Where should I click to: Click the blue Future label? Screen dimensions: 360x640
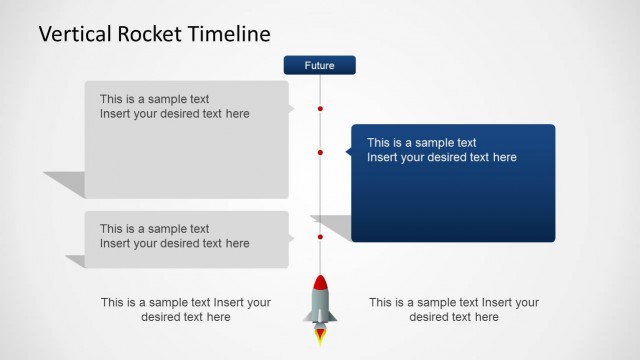tap(320, 66)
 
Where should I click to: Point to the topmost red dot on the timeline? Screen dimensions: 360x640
tap(320, 108)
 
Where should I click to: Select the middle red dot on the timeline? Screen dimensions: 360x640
tap(320, 152)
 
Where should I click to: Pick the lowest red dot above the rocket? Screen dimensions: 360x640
tap(320, 237)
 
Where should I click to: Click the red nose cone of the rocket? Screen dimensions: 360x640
tap(320, 283)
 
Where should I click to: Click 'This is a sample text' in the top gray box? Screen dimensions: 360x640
tap(154, 99)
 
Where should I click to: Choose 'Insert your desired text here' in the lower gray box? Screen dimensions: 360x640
tap(174, 244)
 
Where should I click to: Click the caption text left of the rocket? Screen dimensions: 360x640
tap(185, 309)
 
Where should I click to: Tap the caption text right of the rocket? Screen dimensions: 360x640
tap(453, 309)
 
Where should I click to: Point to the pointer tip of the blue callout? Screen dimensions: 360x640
tap(347, 152)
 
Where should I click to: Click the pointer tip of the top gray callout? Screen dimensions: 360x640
tap(293, 108)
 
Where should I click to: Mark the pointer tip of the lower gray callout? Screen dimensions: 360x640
tap(293, 237)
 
